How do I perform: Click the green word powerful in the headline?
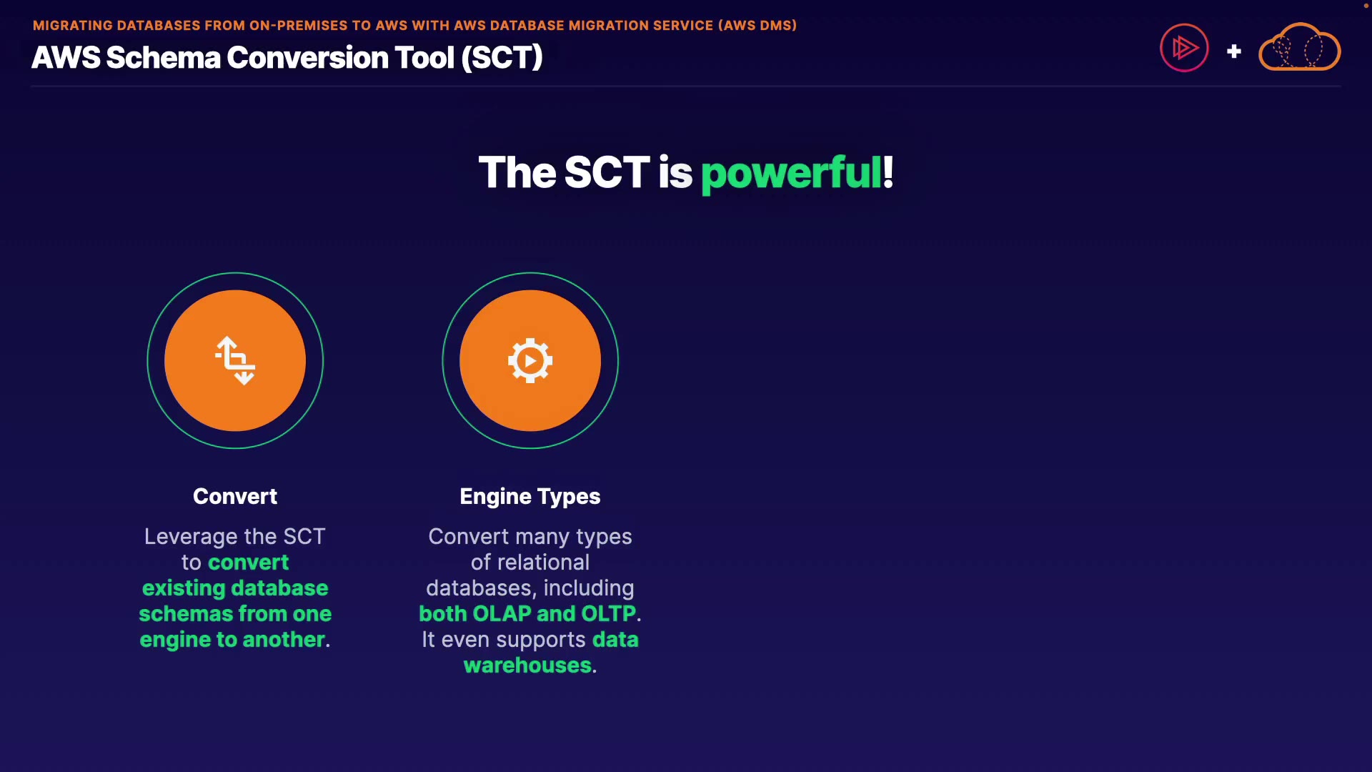coord(791,173)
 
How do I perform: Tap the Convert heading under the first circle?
coord(235,496)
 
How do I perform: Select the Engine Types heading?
coord(530,497)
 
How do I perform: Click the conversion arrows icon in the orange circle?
coord(236,360)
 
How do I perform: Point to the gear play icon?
coord(530,360)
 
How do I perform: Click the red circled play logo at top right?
coord(1184,48)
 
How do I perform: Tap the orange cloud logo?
coord(1299,47)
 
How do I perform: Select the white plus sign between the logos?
coord(1233,51)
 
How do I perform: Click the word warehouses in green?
coord(527,665)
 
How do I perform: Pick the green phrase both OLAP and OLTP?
coord(527,614)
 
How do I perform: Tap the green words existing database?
coord(235,588)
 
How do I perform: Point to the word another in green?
coord(284,640)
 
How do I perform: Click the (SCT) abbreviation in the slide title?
coord(502,57)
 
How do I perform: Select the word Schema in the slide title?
coord(164,57)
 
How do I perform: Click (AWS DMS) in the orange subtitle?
coord(757,26)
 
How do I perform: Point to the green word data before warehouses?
coord(615,640)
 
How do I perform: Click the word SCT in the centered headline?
coord(607,173)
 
